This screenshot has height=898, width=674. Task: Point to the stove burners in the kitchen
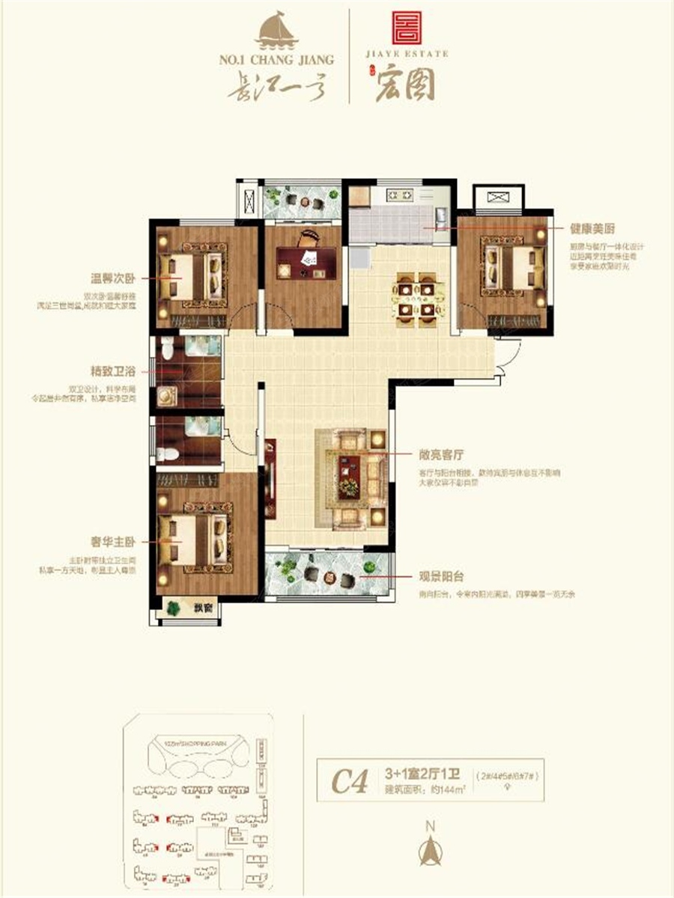[x=399, y=196]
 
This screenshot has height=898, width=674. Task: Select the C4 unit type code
[x=350, y=784]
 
